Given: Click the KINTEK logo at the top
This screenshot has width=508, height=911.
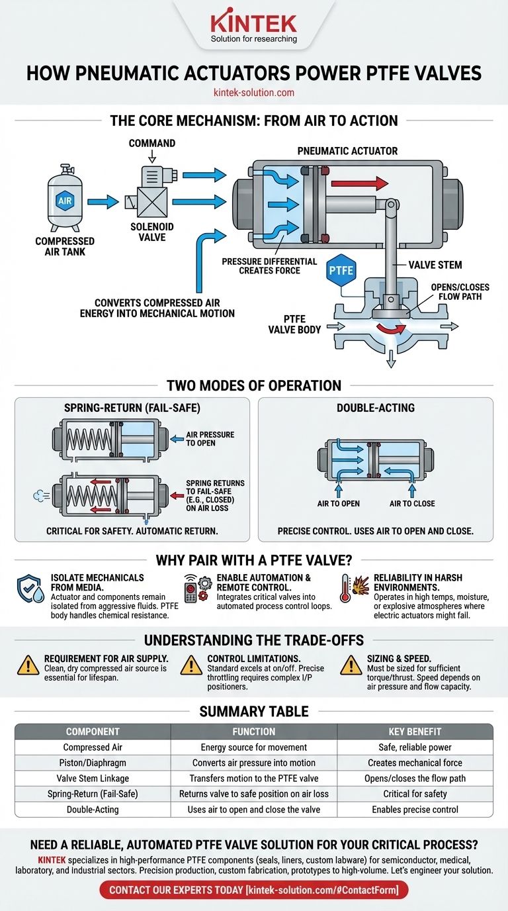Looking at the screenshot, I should point(253,24).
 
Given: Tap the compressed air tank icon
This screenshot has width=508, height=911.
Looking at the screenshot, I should point(65,198).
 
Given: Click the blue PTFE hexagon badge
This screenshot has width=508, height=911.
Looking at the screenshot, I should point(341,270).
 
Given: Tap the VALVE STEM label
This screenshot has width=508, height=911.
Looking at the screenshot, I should point(435,265).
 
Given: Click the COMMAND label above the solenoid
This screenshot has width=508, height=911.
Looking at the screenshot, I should point(152,144).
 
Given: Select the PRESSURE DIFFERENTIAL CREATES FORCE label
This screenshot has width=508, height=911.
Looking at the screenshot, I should point(269,265).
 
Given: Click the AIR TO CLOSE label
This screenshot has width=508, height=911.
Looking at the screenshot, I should point(412,503).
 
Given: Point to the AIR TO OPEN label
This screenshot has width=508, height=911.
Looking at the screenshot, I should point(338,503).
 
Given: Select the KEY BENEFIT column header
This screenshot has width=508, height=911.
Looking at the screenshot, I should point(415,732).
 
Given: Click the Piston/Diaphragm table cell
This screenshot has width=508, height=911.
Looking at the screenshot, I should point(92,763).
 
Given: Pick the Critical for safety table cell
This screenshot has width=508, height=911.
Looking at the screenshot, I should point(415,794).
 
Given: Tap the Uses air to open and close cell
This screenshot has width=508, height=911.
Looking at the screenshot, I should point(254,809).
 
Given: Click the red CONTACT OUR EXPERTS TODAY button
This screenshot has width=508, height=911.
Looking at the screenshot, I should point(254,890).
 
